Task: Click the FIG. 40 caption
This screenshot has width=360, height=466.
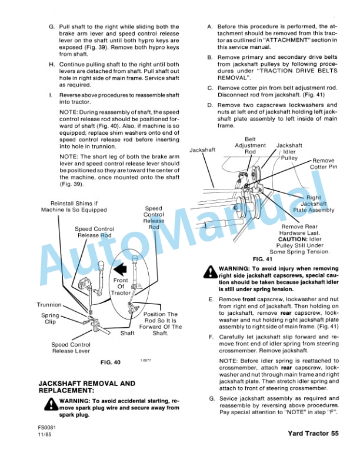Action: click(110, 362)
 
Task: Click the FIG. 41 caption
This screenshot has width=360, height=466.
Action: click(263, 258)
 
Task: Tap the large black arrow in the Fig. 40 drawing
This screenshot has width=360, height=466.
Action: click(122, 270)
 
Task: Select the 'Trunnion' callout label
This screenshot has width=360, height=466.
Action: click(49, 305)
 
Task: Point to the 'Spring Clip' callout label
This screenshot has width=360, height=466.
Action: click(50, 319)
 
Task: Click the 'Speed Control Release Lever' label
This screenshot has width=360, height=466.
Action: click(71, 348)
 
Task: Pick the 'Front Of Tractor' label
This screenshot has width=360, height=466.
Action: click(121, 287)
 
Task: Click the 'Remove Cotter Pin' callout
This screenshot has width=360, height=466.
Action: click(324, 164)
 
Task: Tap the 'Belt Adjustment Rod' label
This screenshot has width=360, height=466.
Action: click(250, 148)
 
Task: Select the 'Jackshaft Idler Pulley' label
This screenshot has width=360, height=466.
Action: click(289, 151)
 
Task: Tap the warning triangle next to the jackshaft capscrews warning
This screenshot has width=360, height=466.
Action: click(209, 272)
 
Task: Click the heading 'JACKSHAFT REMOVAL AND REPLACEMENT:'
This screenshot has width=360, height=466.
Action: click(86, 387)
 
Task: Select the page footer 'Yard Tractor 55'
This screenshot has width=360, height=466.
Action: click(314, 434)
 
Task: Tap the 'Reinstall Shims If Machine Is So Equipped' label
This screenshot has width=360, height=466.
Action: click(74, 206)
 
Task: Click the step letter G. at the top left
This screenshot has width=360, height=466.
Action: click(51, 27)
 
